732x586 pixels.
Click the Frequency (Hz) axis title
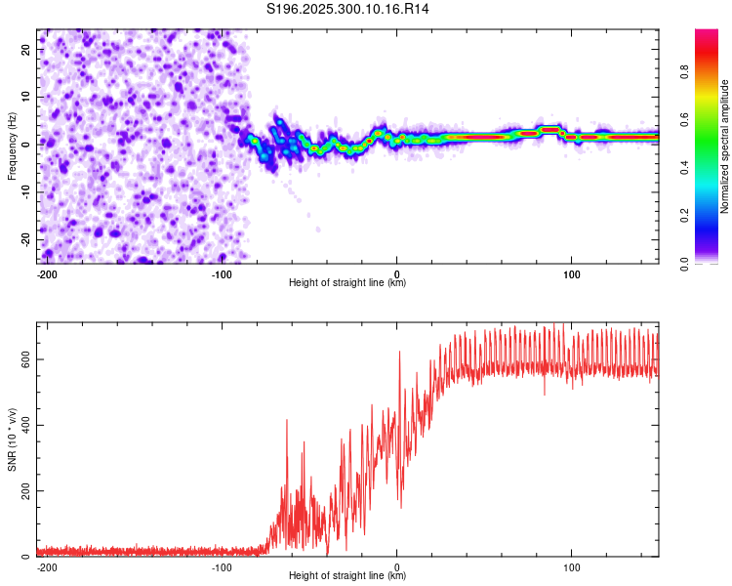(12, 146)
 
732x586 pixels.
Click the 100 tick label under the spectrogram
(571, 273)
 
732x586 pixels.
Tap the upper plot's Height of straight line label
(347, 283)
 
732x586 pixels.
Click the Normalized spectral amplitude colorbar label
(725, 146)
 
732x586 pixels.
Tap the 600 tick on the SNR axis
(25, 359)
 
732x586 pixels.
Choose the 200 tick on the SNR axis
(25, 490)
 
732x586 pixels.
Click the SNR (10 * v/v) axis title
(12, 439)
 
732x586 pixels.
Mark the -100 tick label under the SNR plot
(222, 566)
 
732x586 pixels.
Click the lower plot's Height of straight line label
(347, 576)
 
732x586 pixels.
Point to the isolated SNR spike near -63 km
(287, 421)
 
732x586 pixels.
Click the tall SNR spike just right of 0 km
(399, 354)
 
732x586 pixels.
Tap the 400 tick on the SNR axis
(25, 425)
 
